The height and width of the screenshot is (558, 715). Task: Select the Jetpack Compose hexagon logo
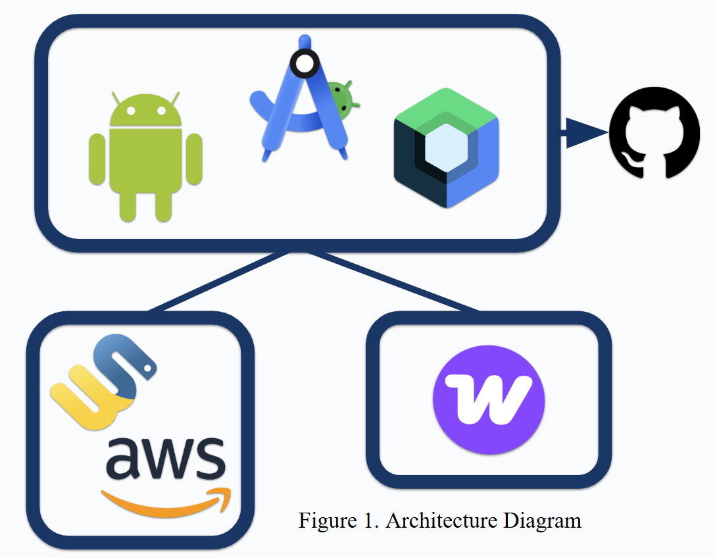point(447,148)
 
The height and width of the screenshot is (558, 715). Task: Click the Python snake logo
point(103,382)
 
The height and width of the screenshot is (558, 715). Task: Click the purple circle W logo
point(489,399)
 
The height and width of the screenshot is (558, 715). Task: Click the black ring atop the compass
point(304,64)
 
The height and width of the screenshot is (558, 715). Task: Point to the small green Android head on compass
point(341,96)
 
